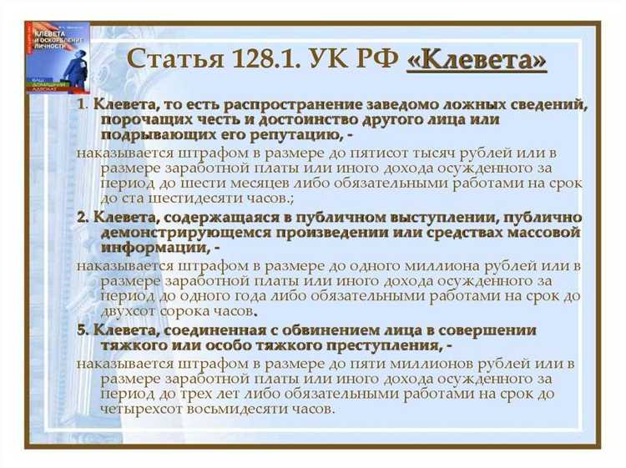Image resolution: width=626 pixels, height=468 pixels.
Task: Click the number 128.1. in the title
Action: point(264,61)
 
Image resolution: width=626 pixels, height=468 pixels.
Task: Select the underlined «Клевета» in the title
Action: point(476,61)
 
